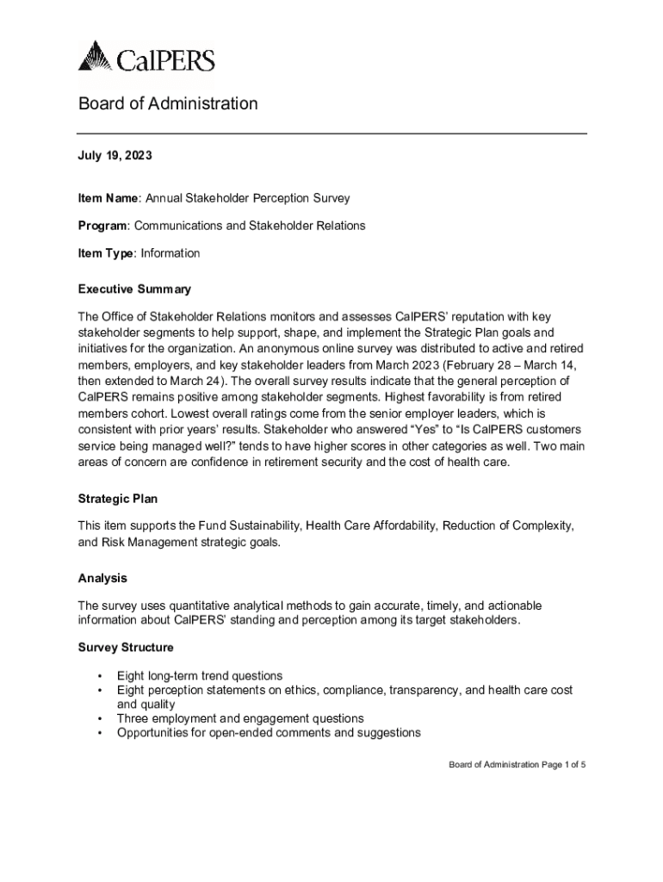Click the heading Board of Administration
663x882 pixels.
pyautogui.click(x=168, y=104)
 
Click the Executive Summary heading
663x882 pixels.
pyautogui.click(x=134, y=289)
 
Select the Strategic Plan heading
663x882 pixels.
pyautogui.click(x=118, y=499)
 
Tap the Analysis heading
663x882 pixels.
pyautogui.click(x=102, y=578)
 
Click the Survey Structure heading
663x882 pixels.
pyautogui.click(x=126, y=647)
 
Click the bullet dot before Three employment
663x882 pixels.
pyautogui.click(x=101, y=719)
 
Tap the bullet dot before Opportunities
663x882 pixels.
pyautogui.click(x=101, y=734)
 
